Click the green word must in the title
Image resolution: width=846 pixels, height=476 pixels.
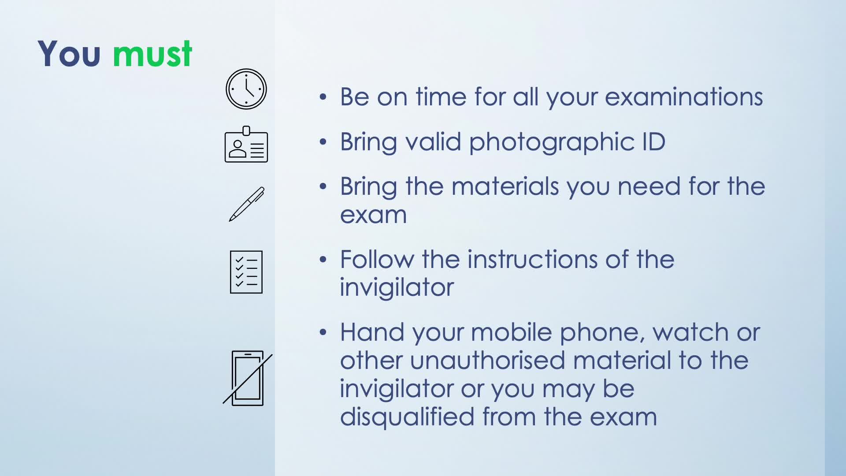pos(152,54)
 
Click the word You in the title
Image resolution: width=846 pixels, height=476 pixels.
pos(69,54)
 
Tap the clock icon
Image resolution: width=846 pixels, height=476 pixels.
pos(246,89)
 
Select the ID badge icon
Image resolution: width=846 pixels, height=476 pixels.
pos(246,144)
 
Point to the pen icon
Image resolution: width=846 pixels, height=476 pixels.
pos(247,204)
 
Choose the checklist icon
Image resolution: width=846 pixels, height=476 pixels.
pos(246,272)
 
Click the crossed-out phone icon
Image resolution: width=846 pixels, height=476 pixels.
pos(248,378)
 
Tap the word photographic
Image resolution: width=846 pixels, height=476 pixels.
pos(552,142)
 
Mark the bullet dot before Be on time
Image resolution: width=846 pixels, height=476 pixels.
pos(323,97)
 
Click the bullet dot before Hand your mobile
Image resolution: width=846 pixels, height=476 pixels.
pos(323,332)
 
